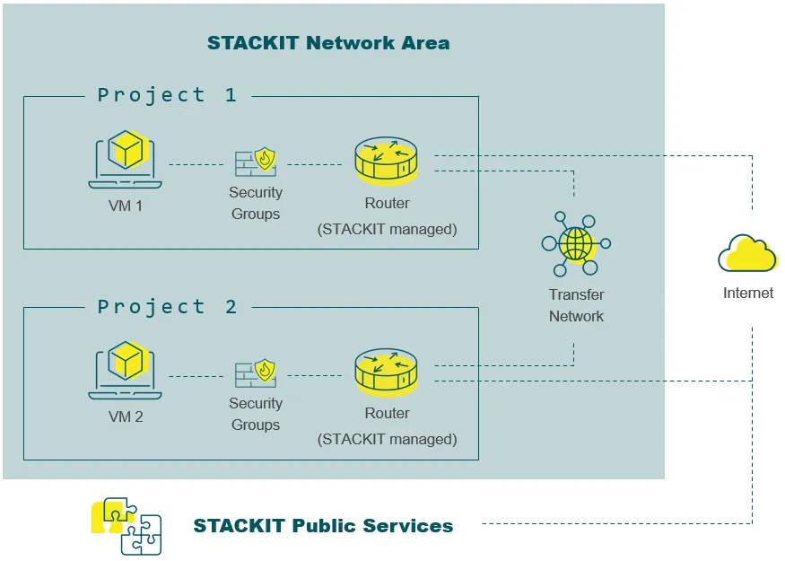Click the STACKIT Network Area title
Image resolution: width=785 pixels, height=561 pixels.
pyautogui.click(x=328, y=43)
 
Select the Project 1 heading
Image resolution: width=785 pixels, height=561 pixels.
pyautogui.click(x=167, y=95)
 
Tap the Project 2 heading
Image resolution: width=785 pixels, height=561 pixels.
pyautogui.click(x=167, y=307)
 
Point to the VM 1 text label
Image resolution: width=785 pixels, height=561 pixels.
pyautogui.click(x=126, y=206)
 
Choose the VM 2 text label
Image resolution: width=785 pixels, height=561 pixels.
pyautogui.click(x=126, y=416)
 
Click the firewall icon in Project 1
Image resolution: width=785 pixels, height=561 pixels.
pyautogui.click(x=255, y=162)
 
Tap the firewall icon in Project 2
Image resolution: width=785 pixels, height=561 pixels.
pyautogui.click(x=255, y=373)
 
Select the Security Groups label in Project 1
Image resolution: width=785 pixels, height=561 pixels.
pyautogui.click(x=256, y=203)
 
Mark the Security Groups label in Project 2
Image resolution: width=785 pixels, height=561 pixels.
pyautogui.click(x=256, y=414)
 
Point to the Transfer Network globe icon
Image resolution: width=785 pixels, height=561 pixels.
pyautogui.click(x=576, y=243)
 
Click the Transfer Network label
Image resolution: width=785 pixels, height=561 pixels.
pyautogui.click(x=576, y=305)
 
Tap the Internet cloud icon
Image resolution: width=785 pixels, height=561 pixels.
pyautogui.click(x=747, y=252)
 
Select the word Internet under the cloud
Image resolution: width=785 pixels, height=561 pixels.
pyautogui.click(x=747, y=293)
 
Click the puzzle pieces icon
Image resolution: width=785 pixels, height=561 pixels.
pyautogui.click(x=126, y=526)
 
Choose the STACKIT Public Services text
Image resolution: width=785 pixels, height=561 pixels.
pyautogui.click(x=323, y=526)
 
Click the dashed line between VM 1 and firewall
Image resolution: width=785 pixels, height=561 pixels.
pyautogui.click(x=196, y=164)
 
